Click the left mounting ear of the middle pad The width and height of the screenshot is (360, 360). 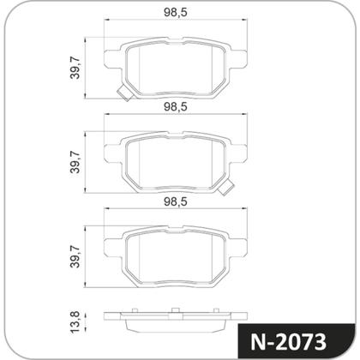click(109, 154)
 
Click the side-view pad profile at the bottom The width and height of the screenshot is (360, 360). click(176, 322)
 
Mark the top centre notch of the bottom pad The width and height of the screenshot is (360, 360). click(176, 231)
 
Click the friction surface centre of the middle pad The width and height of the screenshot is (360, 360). click(176, 159)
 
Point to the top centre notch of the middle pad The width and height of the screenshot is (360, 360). click(176, 136)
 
